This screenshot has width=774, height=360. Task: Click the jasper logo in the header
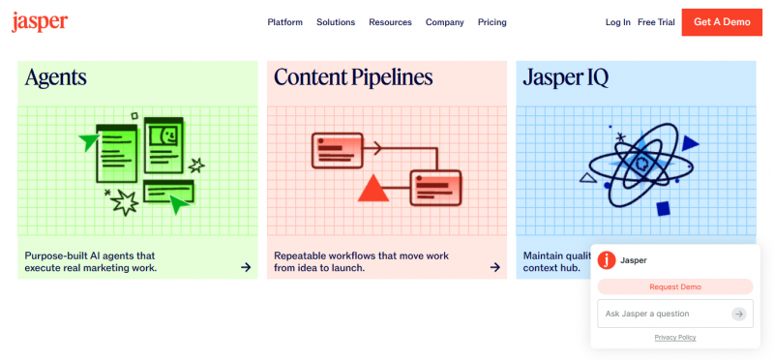pyautogui.click(x=40, y=21)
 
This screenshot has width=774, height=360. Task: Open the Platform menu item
pyautogui.click(x=284, y=22)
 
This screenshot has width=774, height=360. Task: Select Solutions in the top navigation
pyautogui.click(x=336, y=22)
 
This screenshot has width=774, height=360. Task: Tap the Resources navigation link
pyautogui.click(x=390, y=22)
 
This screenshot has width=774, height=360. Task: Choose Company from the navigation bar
pyautogui.click(x=445, y=22)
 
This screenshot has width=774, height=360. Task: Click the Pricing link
pyautogui.click(x=492, y=22)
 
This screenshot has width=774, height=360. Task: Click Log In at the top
pyautogui.click(x=618, y=22)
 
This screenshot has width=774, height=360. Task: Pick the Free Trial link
pyautogui.click(x=656, y=22)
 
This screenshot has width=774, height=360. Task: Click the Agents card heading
pyautogui.click(x=56, y=77)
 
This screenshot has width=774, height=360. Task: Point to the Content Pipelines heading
pyautogui.click(x=353, y=77)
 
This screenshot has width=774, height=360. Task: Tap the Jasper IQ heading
pyautogui.click(x=566, y=77)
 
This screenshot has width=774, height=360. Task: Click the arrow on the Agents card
pyautogui.click(x=246, y=267)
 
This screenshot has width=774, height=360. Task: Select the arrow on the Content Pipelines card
pyautogui.click(x=495, y=267)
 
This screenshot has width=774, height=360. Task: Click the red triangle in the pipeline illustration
pyautogui.click(x=373, y=191)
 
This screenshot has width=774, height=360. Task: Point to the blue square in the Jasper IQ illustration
pyautogui.click(x=664, y=208)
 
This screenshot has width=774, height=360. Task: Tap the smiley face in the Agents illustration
pyautogui.click(x=164, y=135)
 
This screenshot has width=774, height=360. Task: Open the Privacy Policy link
pyautogui.click(x=675, y=338)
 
